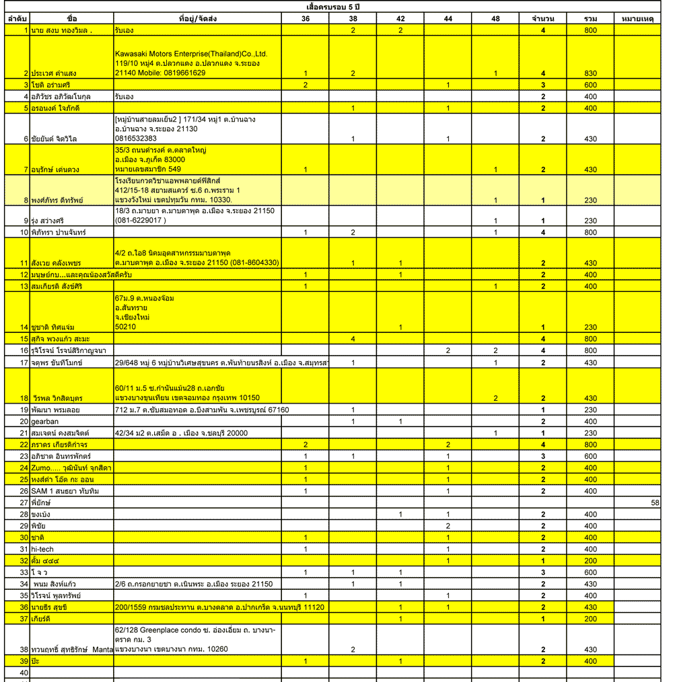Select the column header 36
[x=306, y=18]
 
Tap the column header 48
[x=495, y=18]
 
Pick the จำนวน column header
[x=542, y=18]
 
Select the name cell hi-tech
[x=42, y=549]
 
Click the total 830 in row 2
[x=590, y=73]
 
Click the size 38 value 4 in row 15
[x=353, y=338]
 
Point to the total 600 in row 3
[x=590, y=85]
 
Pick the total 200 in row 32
[x=590, y=560]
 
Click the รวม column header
[x=590, y=18]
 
